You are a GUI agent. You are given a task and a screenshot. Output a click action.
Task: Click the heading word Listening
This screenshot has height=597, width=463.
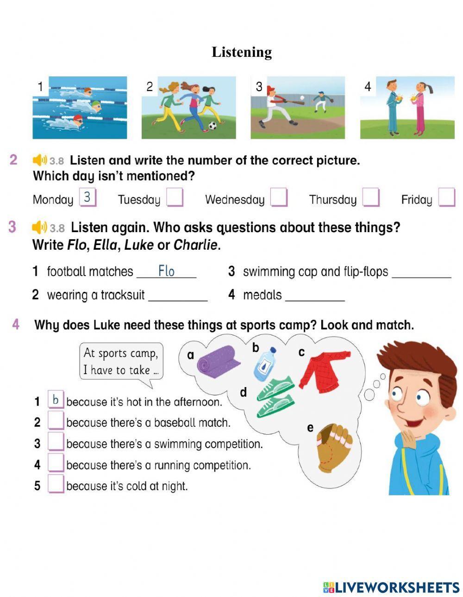click(242, 52)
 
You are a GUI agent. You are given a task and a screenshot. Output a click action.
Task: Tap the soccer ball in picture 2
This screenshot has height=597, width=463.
click(213, 125)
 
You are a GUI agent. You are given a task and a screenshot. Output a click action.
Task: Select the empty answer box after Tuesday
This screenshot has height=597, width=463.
click(175, 198)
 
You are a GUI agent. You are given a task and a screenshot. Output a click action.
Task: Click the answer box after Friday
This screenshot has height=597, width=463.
click(446, 197)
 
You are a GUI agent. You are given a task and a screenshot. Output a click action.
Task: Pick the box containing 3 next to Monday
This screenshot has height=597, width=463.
click(87, 197)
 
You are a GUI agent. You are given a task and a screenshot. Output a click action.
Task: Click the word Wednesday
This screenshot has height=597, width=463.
click(234, 200)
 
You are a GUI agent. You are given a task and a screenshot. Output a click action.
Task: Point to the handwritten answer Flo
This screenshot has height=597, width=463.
click(166, 271)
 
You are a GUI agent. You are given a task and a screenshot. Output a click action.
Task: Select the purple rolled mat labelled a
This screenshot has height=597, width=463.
click(218, 361)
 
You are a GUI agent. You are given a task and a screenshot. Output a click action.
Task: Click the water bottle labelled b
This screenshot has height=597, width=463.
click(265, 364)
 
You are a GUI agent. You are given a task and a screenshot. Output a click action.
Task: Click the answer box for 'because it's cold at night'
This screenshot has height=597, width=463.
click(56, 485)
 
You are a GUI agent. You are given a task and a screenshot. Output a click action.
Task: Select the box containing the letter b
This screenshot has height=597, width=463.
click(56, 400)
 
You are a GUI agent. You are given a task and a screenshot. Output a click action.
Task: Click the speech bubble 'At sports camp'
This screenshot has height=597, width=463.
click(121, 362)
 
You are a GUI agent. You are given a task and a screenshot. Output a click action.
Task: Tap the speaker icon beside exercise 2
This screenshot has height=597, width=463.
click(40, 160)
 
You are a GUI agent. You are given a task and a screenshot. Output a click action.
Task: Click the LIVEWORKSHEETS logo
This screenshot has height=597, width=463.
click(391, 587)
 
